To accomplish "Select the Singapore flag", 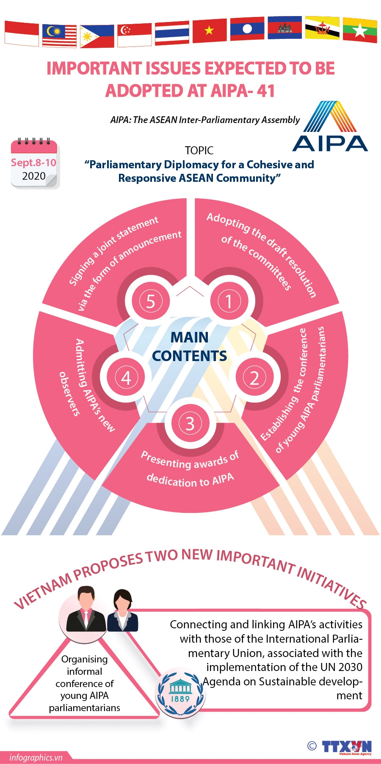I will [x=134, y=34].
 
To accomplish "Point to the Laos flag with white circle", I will [x=247, y=29].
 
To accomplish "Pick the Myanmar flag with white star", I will [x=360, y=30].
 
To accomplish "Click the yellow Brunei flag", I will [x=322, y=28].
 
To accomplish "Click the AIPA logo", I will [x=330, y=126].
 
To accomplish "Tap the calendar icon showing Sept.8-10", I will [x=34, y=163].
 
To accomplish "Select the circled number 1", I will [x=229, y=301].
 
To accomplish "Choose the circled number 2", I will [x=254, y=378].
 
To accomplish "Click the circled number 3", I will [x=190, y=423].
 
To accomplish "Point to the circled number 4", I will [x=126, y=378].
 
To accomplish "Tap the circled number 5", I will [x=151, y=301].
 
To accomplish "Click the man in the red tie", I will [x=86, y=609].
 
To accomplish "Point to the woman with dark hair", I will [x=122, y=611].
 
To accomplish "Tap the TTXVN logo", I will [x=346, y=747].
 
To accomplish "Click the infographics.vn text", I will [x=36, y=757].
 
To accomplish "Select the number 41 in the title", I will [x=265, y=90].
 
